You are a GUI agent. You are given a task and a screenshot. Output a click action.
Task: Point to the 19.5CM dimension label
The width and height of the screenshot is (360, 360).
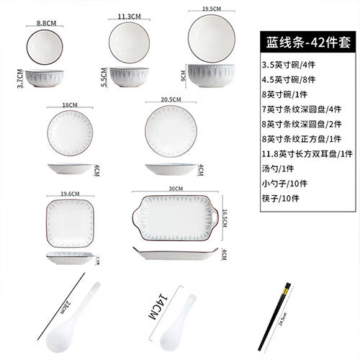click(212, 9)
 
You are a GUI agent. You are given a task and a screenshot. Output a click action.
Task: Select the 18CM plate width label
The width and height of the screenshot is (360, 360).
click(69, 104)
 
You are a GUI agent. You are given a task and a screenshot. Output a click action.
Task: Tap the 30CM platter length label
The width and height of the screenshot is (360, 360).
click(175, 189)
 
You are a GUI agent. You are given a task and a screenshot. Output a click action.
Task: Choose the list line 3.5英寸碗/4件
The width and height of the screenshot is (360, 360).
click(284, 67)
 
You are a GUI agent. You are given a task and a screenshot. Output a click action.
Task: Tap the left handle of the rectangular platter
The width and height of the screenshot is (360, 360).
click(135, 214)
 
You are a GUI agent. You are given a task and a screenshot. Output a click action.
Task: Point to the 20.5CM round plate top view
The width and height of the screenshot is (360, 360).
click(171, 131)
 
